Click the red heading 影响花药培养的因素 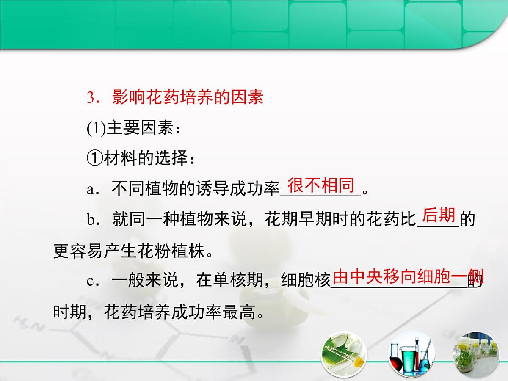pyautogui.click(x=188, y=98)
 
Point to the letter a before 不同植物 pyautogui.click(x=90, y=190)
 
